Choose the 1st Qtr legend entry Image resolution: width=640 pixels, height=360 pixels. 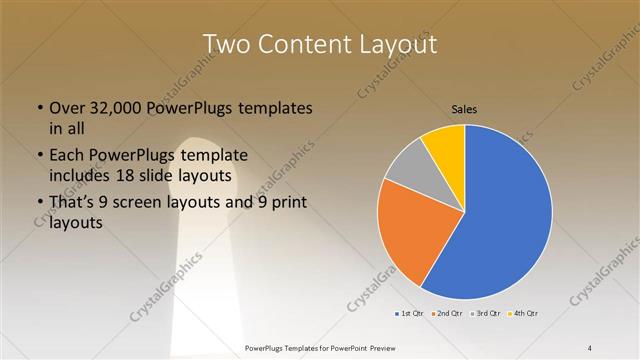(x=407, y=313)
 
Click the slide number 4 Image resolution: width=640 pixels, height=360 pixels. (x=590, y=347)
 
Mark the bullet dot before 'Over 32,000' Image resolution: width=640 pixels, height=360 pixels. (x=39, y=108)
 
